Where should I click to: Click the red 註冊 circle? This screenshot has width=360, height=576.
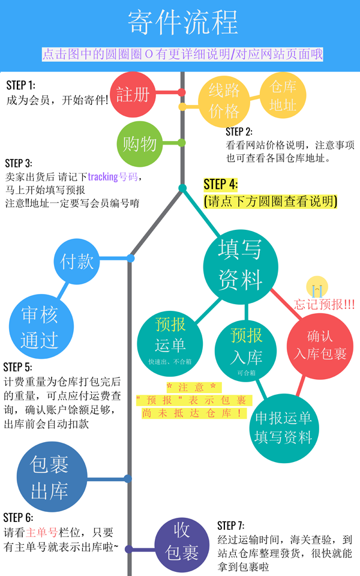click(x=133, y=94)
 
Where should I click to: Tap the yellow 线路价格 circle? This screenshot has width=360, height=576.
click(x=224, y=100)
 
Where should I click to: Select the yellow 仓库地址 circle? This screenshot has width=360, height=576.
click(x=283, y=95)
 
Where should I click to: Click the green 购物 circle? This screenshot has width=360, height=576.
click(x=140, y=144)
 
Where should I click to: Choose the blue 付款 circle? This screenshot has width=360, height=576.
click(x=77, y=261)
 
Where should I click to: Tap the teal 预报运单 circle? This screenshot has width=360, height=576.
click(x=170, y=338)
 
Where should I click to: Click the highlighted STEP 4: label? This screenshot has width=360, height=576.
click(x=220, y=184)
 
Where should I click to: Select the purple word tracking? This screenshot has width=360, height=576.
click(x=104, y=177)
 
